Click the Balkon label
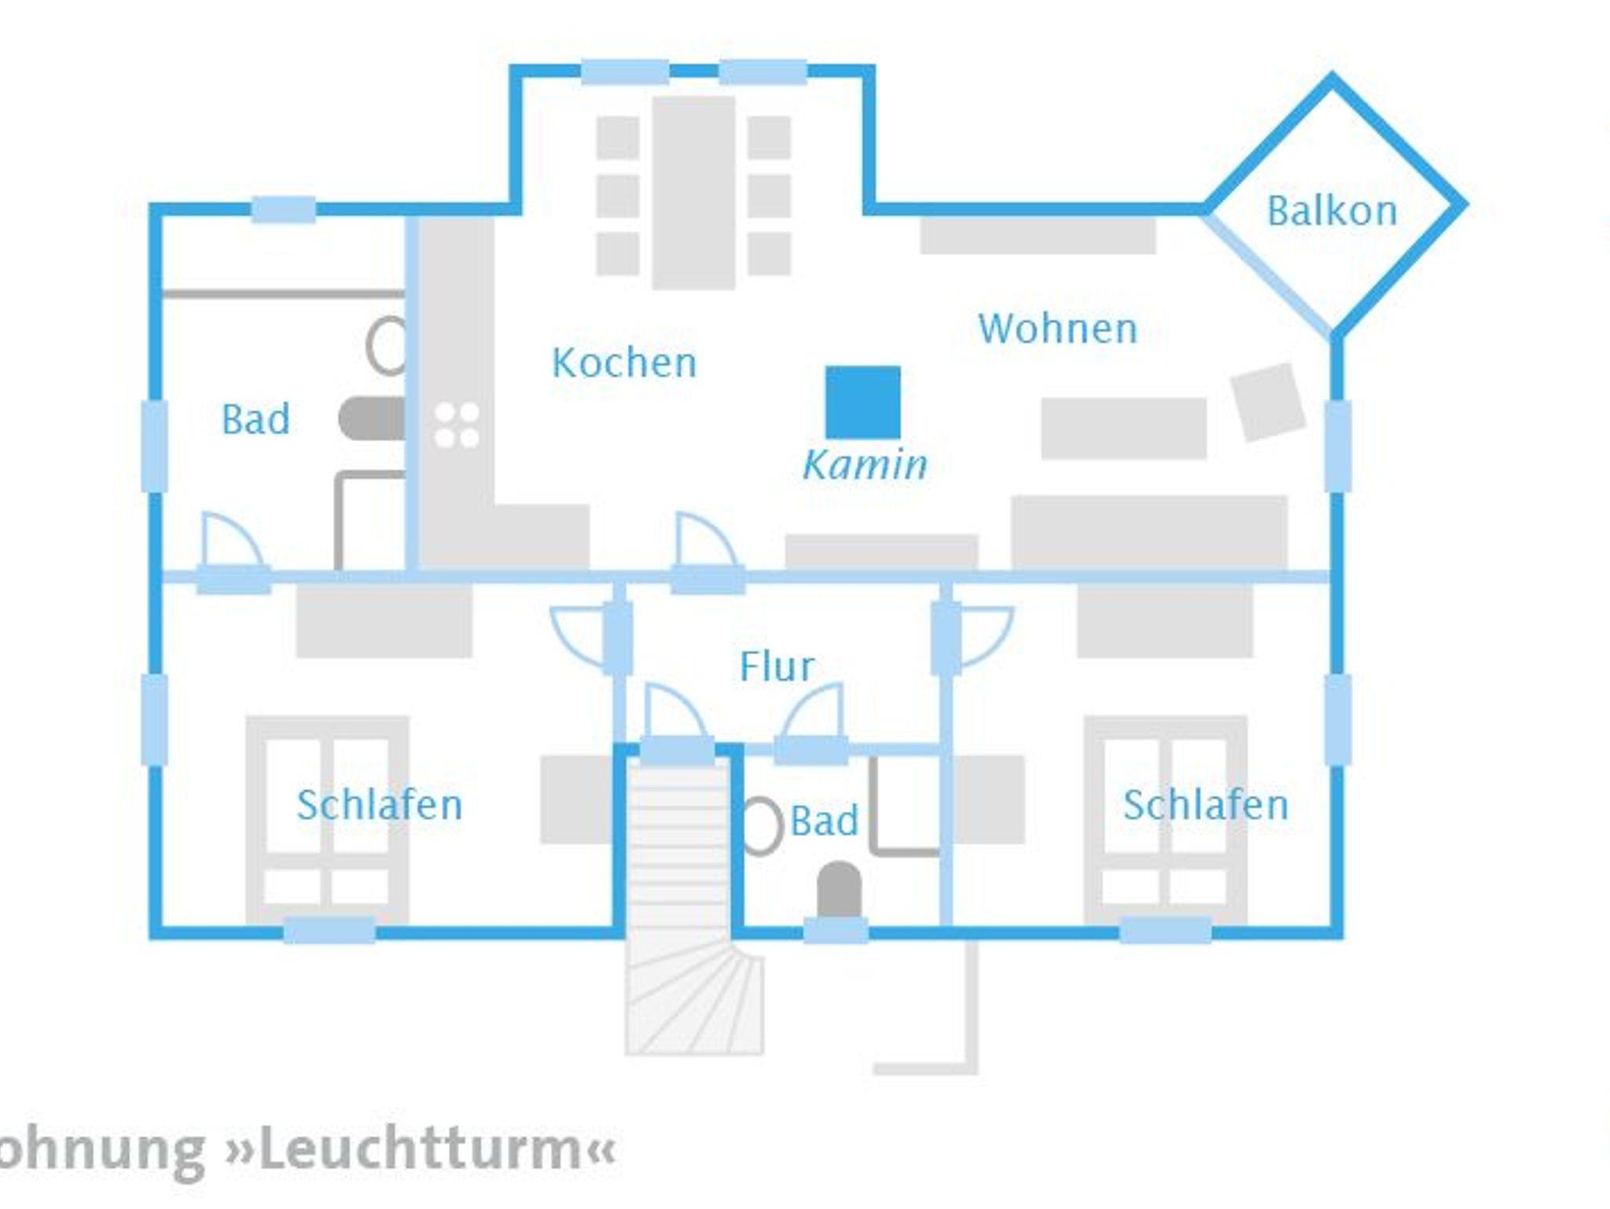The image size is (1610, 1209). (x=1332, y=211)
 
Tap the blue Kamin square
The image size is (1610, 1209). (x=862, y=402)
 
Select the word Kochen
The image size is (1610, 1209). (x=624, y=363)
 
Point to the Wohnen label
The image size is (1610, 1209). (x=1057, y=329)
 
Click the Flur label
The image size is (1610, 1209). (x=777, y=667)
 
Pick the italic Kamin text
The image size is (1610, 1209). (x=865, y=465)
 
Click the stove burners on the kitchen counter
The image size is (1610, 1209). (x=457, y=424)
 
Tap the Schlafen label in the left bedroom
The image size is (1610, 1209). (x=379, y=805)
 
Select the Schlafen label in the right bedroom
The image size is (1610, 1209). (x=1205, y=805)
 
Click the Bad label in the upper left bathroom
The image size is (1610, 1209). (x=255, y=419)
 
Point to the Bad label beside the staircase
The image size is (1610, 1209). (x=824, y=821)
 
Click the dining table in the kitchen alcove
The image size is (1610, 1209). (x=693, y=193)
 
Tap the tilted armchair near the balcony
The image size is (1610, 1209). (x=1267, y=401)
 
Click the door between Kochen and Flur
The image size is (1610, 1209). (x=706, y=550)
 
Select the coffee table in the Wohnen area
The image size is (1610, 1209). (x=1123, y=428)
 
